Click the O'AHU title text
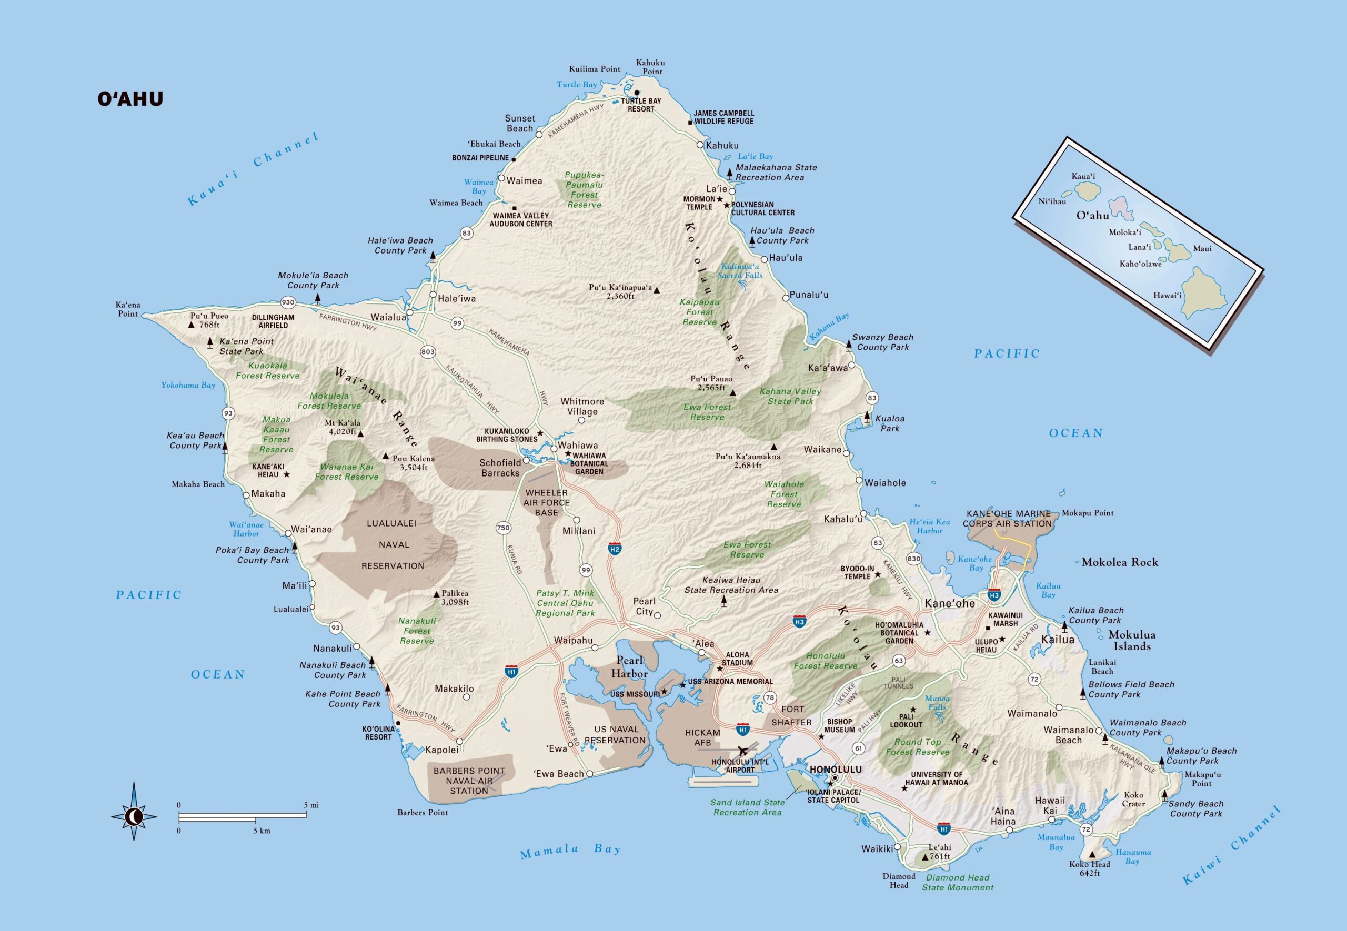tap(130, 98)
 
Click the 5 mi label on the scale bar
tap(311, 805)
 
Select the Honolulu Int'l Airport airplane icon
tap(742, 751)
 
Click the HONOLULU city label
tap(835, 770)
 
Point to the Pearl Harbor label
tap(629, 667)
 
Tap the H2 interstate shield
tap(614, 549)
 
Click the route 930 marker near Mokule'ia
tap(288, 302)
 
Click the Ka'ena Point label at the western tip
tap(128, 309)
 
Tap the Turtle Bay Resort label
tap(640, 105)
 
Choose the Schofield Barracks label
tap(500, 468)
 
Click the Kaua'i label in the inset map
tap(1083, 176)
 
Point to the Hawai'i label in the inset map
tap(1168, 295)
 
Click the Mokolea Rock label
tap(1120, 562)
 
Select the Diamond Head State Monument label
tap(957, 883)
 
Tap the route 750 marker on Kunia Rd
tap(503, 528)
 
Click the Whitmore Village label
tap(581, 407)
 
